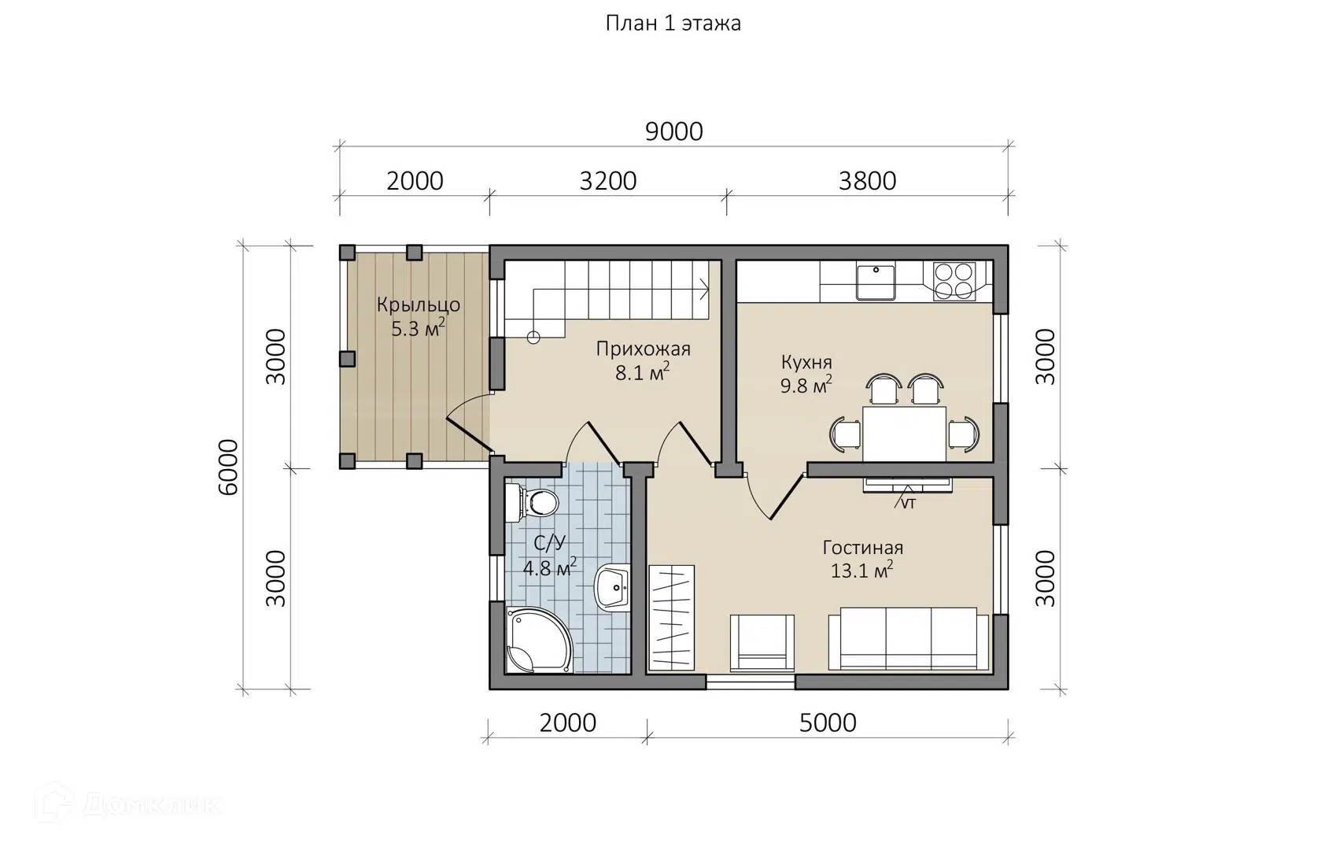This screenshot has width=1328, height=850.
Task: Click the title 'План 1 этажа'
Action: (x=673, y=24)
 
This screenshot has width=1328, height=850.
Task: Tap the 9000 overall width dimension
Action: (x=674, y=131)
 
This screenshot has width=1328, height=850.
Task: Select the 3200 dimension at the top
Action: (x=607, y=181)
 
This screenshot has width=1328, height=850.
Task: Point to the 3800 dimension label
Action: (x=867, y=181)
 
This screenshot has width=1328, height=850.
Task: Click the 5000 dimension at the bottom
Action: (x=828, y=723)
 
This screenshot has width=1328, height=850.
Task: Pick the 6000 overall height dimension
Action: (x=228, y=468)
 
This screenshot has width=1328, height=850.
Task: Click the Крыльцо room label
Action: (x=419, y=305)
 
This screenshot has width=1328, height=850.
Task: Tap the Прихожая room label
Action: (x=644, y=349)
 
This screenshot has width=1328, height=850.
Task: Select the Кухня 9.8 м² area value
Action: (x=806, y=386)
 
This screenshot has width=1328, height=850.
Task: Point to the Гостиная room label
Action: (x=862, y=548)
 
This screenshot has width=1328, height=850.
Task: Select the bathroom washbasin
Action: (x=612, y=588)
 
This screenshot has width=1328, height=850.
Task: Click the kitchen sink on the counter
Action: (x=876, y=282)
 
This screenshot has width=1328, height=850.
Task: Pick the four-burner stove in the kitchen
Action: (x=954, y=281)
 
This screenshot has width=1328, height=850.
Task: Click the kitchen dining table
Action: (x=904, y=434)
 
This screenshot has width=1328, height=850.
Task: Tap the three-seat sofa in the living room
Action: (x=908, y=639)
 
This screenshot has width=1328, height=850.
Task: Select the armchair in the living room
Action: (x=762, y=644)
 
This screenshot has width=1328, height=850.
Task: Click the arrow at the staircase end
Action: (x=703, y=290)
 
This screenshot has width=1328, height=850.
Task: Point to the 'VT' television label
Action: (x=908, y=504)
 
